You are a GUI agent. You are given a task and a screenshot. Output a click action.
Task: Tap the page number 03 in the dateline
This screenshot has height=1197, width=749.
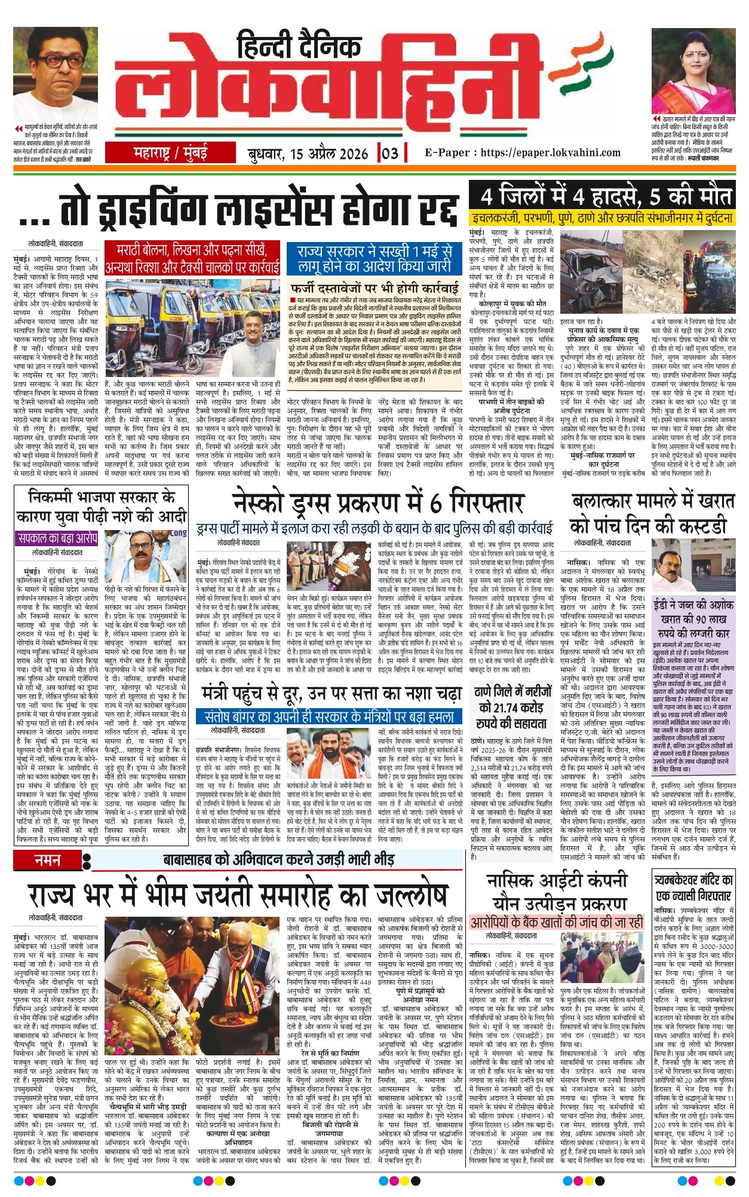click(389, 154)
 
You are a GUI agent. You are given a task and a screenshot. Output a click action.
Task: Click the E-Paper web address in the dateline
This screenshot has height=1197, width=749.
click(523, 154)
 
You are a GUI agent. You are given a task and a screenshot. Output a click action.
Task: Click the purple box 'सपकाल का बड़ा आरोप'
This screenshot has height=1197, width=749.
click(57, 538)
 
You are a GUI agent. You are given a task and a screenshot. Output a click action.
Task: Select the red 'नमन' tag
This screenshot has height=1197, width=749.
click(48, 861)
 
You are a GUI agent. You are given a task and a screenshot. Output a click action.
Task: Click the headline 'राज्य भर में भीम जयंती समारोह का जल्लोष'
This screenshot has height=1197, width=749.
click(238, 895)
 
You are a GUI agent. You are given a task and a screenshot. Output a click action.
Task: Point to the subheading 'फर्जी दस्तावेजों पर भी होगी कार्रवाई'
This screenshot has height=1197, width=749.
click(374, 285)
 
